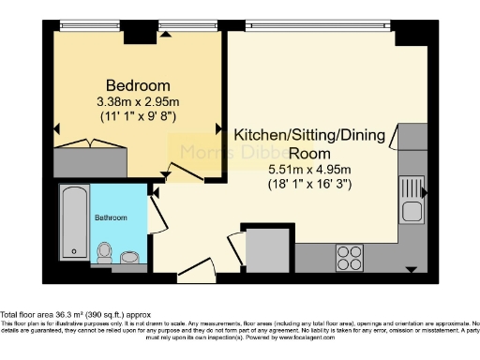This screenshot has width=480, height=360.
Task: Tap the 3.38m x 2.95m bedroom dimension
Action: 138,100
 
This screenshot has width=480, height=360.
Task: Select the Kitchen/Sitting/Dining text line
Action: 310,135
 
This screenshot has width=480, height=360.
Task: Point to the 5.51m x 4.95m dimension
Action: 309,169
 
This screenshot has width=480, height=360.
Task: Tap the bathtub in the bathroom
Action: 74,223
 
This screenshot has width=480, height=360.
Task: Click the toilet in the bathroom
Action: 106,251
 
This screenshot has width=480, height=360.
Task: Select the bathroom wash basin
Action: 130,255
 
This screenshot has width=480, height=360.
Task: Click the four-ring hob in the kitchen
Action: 350,253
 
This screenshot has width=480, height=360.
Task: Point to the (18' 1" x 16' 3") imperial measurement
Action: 309,185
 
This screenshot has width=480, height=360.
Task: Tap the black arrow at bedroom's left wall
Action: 58,128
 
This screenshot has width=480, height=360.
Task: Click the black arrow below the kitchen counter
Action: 410,270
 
